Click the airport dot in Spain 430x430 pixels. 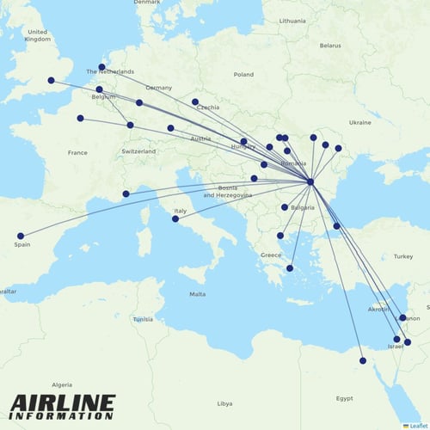[x=21, y=236]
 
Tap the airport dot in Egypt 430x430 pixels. [x=362, y=361]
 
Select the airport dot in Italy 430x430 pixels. [x=175, y=218]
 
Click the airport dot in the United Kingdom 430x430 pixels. [x=51, y=81]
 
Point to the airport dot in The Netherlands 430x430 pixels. [x=101, y=67]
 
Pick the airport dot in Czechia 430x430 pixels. [x=195, y=101]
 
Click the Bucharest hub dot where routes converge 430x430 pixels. [x=310, y=181]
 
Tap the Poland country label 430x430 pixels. [x=243, y=74]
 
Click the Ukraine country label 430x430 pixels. [x=359, y=122]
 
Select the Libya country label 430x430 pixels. [x=224, y=402]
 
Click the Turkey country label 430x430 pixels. [x=403, y=256]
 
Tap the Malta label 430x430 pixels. [x=198, y=294]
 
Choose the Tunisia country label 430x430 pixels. [x=143, y=319]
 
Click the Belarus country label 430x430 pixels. [x=330, y=45]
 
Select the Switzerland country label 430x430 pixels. [x=138, y=151]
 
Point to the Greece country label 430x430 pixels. [x=271, y=255]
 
